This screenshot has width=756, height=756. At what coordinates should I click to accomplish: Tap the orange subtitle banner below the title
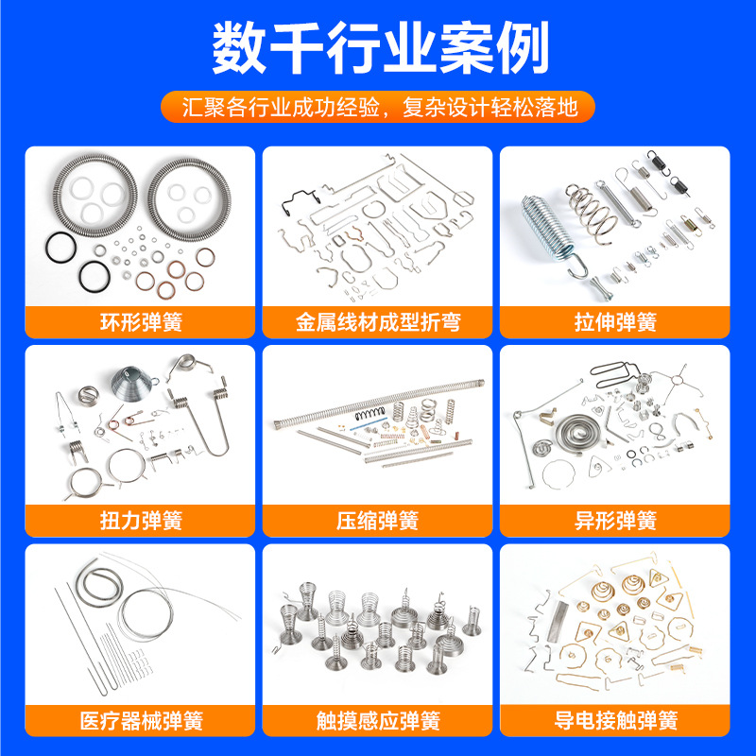(x=378, y=104)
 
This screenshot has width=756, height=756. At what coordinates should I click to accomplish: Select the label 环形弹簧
(x=140, y=322)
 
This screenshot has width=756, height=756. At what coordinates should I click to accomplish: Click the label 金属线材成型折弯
(x=378, y=322)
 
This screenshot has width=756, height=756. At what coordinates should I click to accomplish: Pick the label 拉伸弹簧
(x=615, y=322)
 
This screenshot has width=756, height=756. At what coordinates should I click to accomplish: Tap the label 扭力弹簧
(x=140, y=521)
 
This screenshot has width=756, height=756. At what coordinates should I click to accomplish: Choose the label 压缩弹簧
(x=378, y=521)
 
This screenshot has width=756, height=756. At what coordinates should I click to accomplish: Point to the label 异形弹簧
(x=615, y=521)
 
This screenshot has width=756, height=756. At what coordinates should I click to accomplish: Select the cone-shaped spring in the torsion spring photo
(x=132, y=386)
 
